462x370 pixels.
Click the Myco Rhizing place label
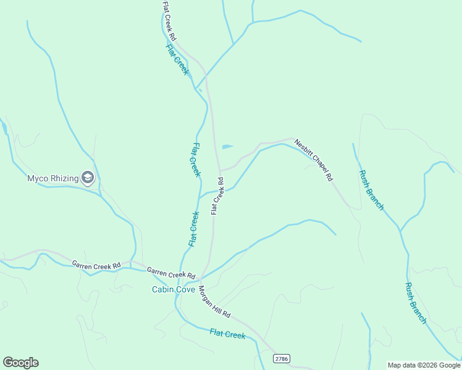tap(52, 179)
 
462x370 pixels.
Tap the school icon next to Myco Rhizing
tap(88, 179)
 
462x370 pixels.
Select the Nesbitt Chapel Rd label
tap(314, 159)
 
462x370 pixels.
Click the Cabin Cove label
tap(174, 289)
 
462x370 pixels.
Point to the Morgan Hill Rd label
tap(215, 303)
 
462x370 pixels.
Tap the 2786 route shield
tap(281, 358)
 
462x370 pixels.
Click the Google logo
tap(20, 363)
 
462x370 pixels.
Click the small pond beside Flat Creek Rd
tap(227, 147)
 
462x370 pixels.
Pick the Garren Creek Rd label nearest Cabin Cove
tap(171, 273)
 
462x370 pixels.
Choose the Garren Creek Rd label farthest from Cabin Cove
tap(96, 265)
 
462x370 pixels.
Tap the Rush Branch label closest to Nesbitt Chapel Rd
tap(371, 189)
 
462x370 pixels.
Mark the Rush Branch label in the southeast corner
tap(416, 303)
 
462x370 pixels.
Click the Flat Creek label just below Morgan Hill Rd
tap(227, 334)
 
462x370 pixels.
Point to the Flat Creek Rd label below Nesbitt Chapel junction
tap(217, 196)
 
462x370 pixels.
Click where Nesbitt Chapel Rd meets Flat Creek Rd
tap(219, 170)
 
